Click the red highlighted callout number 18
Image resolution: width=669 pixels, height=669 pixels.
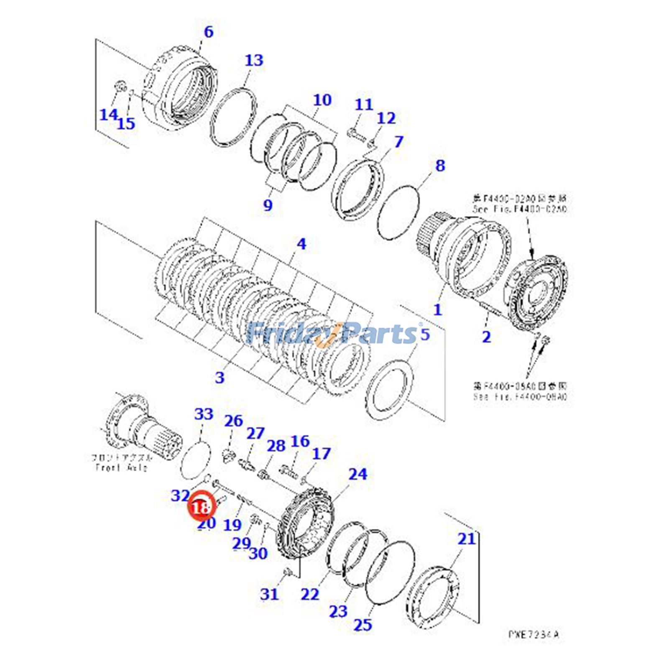point(201,508)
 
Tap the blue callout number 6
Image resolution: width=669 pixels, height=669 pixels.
point(208,32)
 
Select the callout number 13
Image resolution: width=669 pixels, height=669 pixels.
point(254,61)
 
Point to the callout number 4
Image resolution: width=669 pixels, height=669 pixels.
point(301,244)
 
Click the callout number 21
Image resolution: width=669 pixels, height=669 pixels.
point(466,539)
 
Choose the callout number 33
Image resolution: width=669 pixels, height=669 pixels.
point(204,414)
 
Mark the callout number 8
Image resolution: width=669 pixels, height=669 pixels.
point(440,166)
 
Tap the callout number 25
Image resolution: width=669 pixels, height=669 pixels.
point(363,625)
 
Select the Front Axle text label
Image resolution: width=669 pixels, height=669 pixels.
point(121,467)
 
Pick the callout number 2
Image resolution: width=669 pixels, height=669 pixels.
point(486,337)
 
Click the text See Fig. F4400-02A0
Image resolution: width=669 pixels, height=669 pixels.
point(520,209)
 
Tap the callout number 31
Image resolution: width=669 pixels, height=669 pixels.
point(269,594)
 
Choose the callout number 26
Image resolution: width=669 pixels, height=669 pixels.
point(233,421)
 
